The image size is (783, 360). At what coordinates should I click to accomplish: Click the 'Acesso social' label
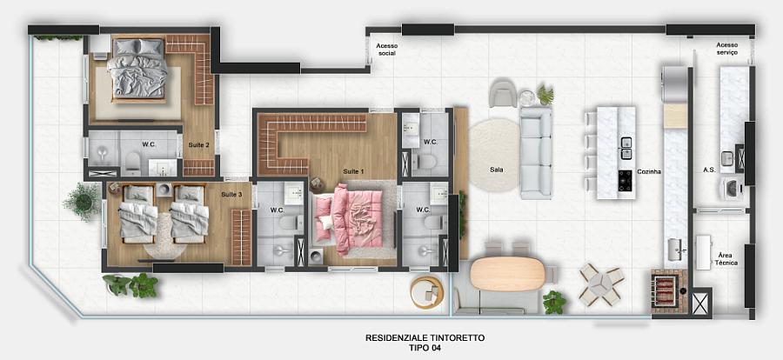(x=385, y=50)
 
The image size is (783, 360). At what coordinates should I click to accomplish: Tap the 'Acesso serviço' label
(x=726, y=49)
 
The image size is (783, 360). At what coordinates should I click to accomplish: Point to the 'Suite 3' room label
(x=231, y=194)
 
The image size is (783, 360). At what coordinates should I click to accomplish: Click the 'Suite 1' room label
(x=352, y=170)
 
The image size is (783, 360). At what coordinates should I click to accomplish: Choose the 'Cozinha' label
(x=649, y=172)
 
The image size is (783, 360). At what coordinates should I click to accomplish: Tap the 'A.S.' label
(x=709, y=170)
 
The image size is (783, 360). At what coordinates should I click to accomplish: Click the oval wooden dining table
(x=506, y=273)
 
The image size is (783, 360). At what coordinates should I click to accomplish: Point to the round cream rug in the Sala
(x=493, y=156)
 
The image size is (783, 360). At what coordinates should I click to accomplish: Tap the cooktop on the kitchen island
(x=626, y=180)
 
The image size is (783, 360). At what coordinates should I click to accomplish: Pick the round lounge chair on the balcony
(x=426, y=291)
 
